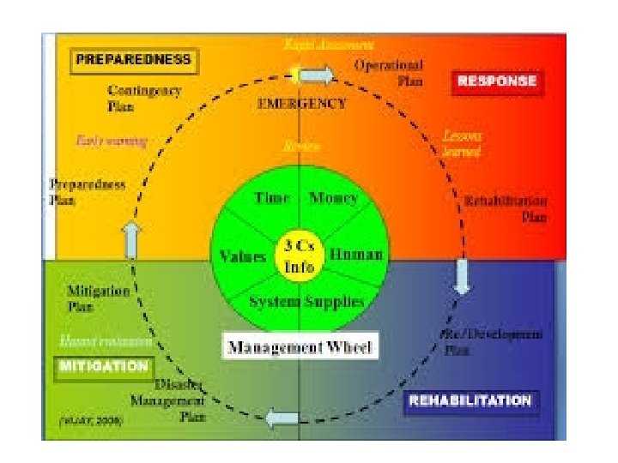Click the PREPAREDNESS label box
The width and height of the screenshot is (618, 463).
(132, 62)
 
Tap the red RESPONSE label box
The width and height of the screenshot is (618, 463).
(497, 81)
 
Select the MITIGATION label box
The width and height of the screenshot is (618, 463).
(102, 366)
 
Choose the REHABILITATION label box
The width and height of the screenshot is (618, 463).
(470, 400)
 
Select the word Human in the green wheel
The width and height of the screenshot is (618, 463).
(356, 256)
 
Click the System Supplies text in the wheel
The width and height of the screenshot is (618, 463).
(306, 301)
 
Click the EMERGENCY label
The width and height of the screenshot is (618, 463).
(301, 104)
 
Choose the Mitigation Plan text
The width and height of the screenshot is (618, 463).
(98, 298)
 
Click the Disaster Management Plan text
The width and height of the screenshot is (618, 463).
(168, 400)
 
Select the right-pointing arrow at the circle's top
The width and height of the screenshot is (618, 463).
(317, 76)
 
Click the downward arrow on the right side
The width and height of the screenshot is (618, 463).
(461, 276)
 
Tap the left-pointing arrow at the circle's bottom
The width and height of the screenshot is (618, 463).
(281, 419)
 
